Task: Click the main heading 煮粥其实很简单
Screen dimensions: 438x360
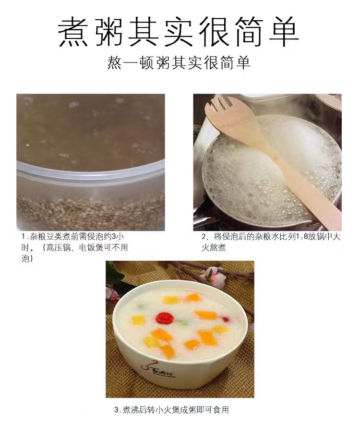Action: (179, 33)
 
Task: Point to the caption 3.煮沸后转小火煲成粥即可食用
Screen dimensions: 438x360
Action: (174, 410)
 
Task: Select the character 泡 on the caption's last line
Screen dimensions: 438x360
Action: (26, 258)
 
